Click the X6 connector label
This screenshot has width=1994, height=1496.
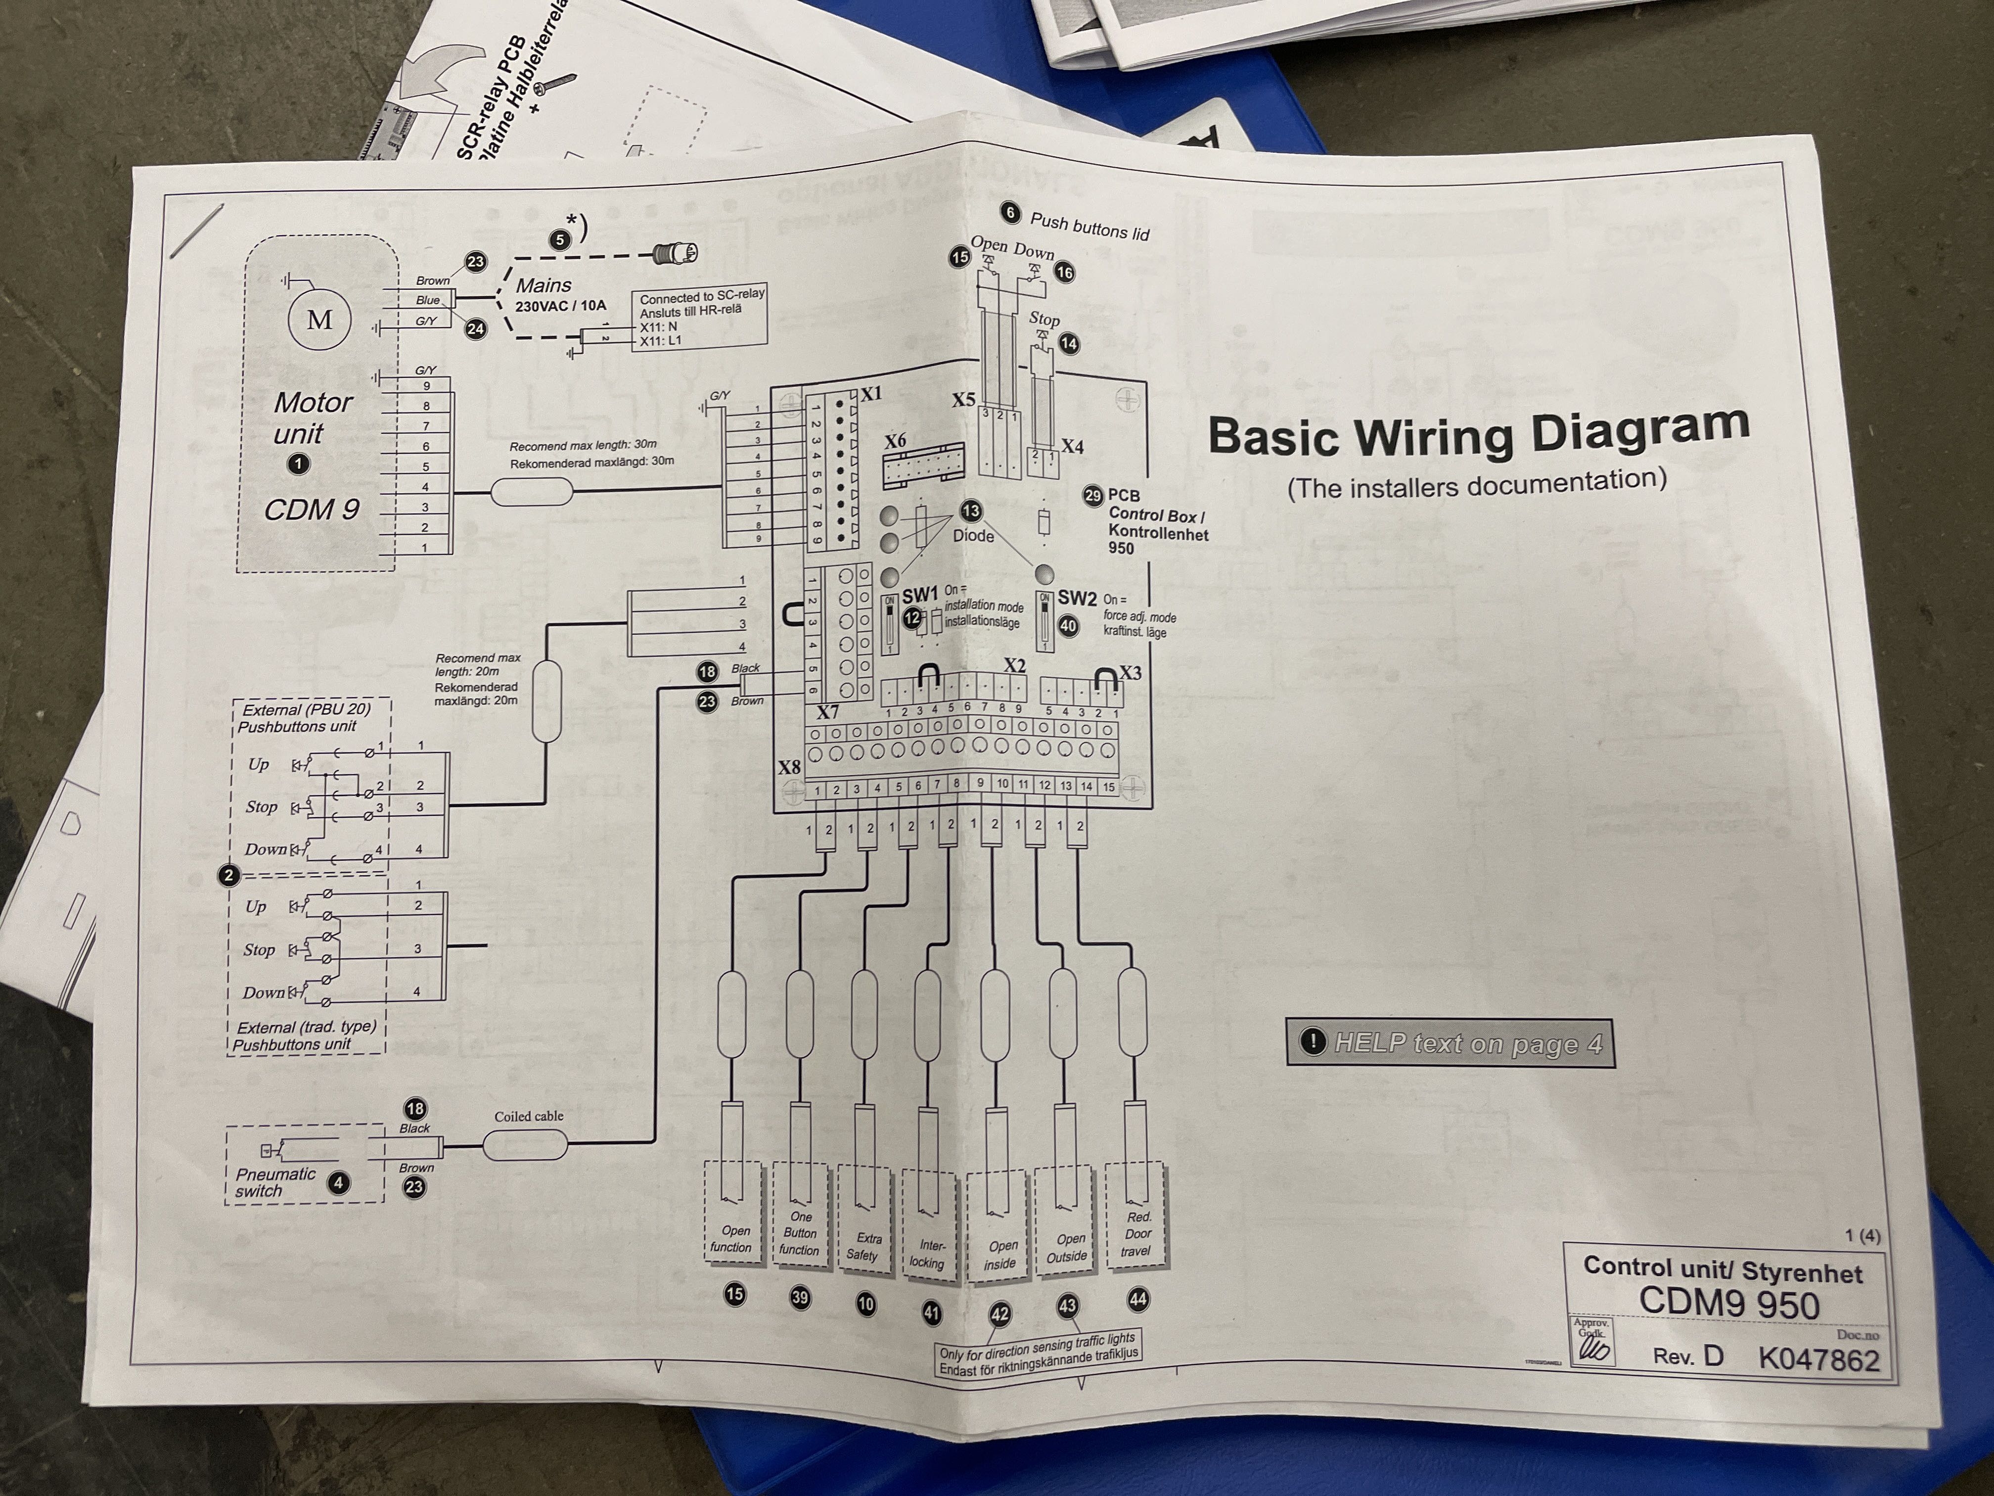[x=895, y=441]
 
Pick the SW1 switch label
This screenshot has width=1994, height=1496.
[x=920, y=595]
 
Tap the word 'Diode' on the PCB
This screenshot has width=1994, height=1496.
[x=974, y=536]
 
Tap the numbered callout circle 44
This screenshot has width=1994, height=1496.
[x=1137, y=1300]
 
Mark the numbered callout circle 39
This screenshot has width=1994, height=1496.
[x=800, y=1298]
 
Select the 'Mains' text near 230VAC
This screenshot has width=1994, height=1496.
[x=544, y=285]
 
